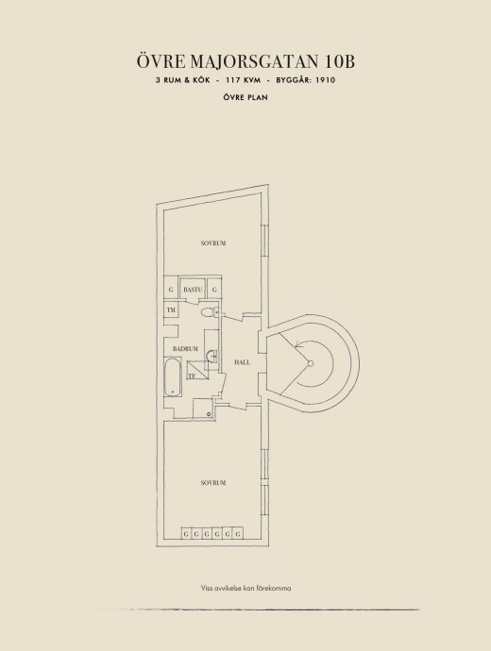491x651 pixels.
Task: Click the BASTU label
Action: click(193, 290)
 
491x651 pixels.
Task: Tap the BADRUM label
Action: click(185, 349)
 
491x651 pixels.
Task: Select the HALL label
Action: click(243, 362)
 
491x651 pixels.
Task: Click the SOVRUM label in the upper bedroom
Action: click(213, 242)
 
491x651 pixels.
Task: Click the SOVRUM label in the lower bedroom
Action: click(213, 483)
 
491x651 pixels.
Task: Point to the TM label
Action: click(171, 309)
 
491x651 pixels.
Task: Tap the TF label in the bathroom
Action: click(192, 376)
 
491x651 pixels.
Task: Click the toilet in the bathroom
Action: click(209, 312)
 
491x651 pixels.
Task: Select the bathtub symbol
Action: click(173, 377)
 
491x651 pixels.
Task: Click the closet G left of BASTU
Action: click(171, 290)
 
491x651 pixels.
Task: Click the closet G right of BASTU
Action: click(214, 290)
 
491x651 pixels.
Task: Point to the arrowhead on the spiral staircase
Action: click(297, 342)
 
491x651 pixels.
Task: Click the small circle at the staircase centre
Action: click(310, 363)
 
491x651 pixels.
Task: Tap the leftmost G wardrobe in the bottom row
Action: click(186, 533)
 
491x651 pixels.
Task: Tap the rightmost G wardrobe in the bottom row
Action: click(238, 533)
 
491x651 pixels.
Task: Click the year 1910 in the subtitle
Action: click(325, 80)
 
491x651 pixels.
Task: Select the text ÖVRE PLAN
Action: click(245, 97)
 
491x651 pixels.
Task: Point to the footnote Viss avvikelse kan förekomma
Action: click(245, 588)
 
